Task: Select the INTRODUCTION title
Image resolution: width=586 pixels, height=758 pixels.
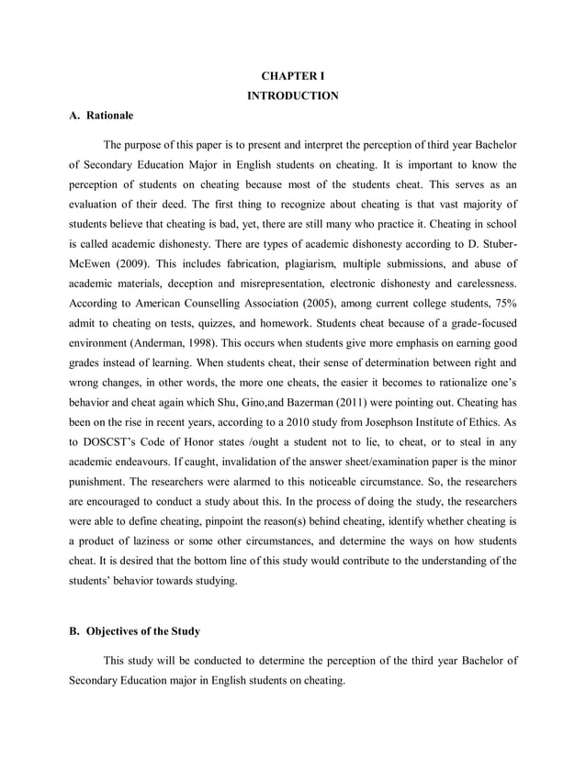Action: (293, 95)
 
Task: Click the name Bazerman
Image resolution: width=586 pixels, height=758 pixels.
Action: (340, 406)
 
